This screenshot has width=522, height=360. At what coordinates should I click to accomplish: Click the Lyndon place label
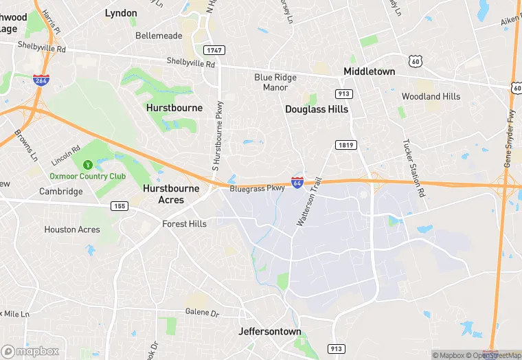121,13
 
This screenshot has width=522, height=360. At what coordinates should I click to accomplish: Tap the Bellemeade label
159,35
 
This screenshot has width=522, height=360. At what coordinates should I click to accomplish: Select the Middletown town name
369,71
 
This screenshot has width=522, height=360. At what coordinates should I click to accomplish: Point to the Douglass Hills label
317,109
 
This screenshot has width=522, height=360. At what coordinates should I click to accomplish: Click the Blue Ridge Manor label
275,82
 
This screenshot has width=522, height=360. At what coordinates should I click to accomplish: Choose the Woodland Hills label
431,97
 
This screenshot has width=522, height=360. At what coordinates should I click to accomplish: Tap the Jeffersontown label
270,331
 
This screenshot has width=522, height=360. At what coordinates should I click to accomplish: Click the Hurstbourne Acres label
171,194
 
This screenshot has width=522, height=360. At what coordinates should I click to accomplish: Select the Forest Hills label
184,224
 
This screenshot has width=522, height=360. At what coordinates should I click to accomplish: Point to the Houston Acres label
72,229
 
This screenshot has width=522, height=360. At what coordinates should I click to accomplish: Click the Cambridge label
60,192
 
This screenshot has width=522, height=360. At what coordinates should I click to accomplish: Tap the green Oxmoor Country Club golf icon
88,165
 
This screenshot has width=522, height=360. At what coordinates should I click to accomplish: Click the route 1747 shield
214,50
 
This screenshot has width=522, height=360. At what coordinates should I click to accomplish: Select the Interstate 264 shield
41,80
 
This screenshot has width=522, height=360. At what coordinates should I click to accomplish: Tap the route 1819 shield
345,144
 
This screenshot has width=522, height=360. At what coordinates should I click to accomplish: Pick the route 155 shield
120,205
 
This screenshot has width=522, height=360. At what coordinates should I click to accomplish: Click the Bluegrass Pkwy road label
257,188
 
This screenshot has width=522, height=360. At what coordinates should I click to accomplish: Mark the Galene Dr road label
201,313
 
